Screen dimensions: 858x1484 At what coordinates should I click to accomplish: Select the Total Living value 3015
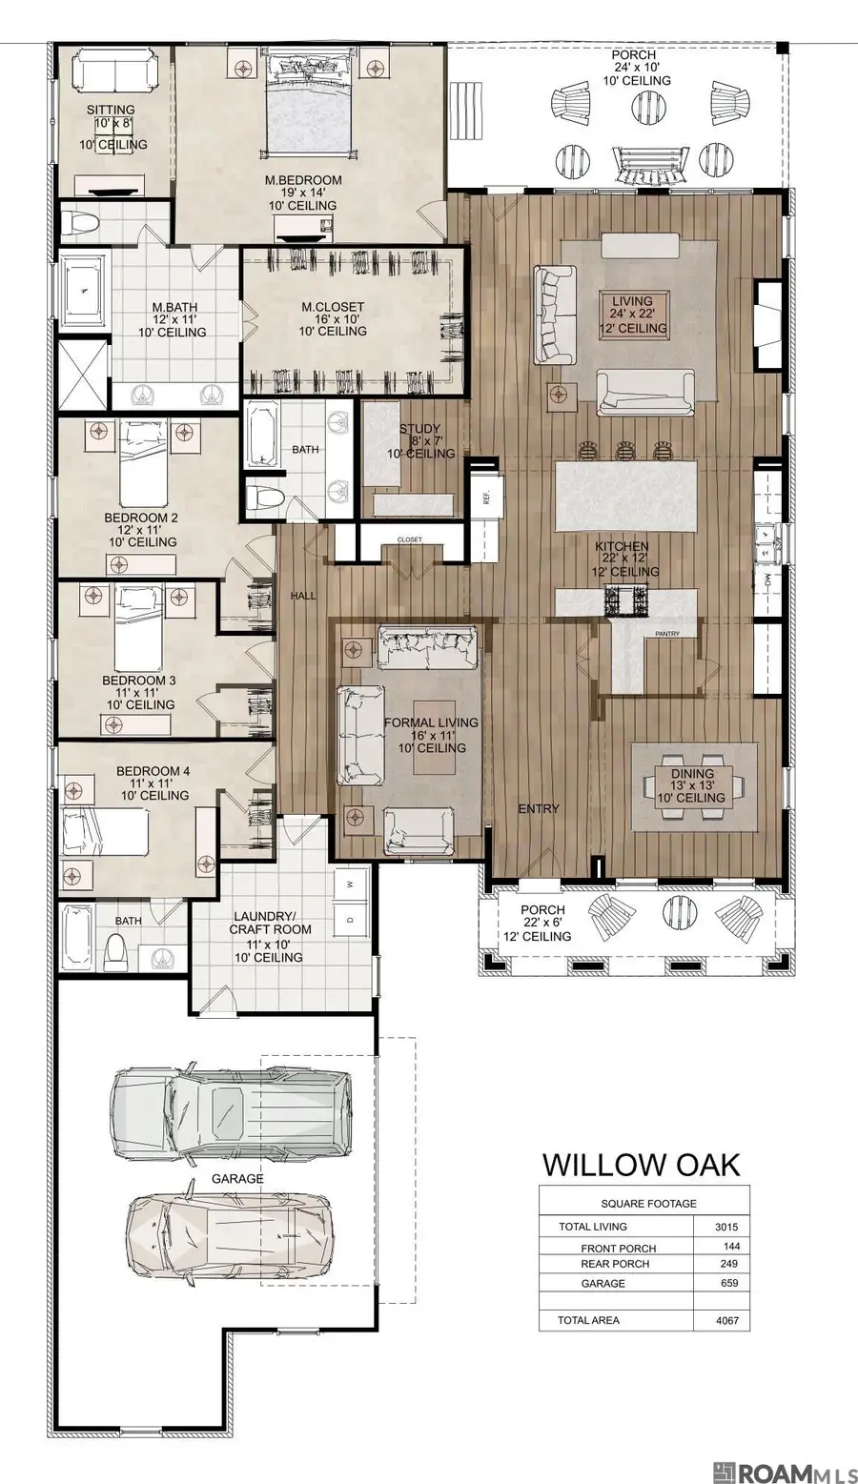[726, 1227]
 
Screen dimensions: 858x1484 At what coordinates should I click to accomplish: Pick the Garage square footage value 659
[728, 1283]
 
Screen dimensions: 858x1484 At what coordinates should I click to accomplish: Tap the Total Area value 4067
[726, 1320]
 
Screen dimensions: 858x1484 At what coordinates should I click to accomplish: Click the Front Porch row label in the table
[618, 1249]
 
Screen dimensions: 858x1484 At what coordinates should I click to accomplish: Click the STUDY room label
[419, 429]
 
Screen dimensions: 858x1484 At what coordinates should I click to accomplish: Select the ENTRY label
[539, 808]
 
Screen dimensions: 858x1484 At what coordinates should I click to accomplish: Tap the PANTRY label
[667, 634]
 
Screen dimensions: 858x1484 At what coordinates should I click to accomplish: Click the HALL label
[303, 596]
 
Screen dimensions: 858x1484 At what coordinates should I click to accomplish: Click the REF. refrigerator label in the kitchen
[485, 497]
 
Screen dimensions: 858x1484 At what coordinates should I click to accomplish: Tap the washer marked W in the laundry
[349, 884]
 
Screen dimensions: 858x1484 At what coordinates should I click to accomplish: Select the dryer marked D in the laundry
[349, 920]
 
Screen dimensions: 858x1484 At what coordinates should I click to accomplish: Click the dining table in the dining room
[694, 785]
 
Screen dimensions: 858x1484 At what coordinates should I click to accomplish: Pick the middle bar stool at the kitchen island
[624, 451]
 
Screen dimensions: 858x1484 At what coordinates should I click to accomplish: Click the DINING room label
[692, 773]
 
